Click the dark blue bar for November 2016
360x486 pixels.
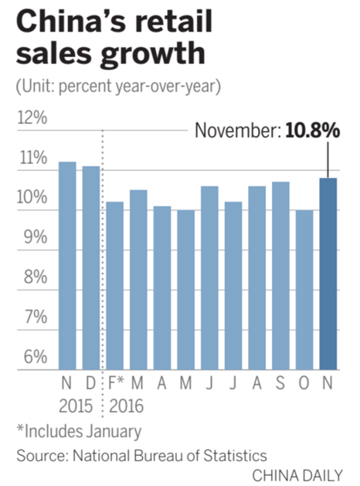(x=328, y=274)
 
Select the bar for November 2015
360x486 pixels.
(x=67, y=266)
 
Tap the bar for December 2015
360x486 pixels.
(x=91, y=267)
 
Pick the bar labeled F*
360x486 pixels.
(x=114, y=285)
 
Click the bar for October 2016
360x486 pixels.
(x=304, y=289)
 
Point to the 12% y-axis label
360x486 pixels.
(x=31, y=119)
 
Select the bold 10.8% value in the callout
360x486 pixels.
(x=312, y=131)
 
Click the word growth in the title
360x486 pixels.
(x=158, y=56)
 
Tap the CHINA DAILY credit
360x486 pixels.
(x=298, y=474)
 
